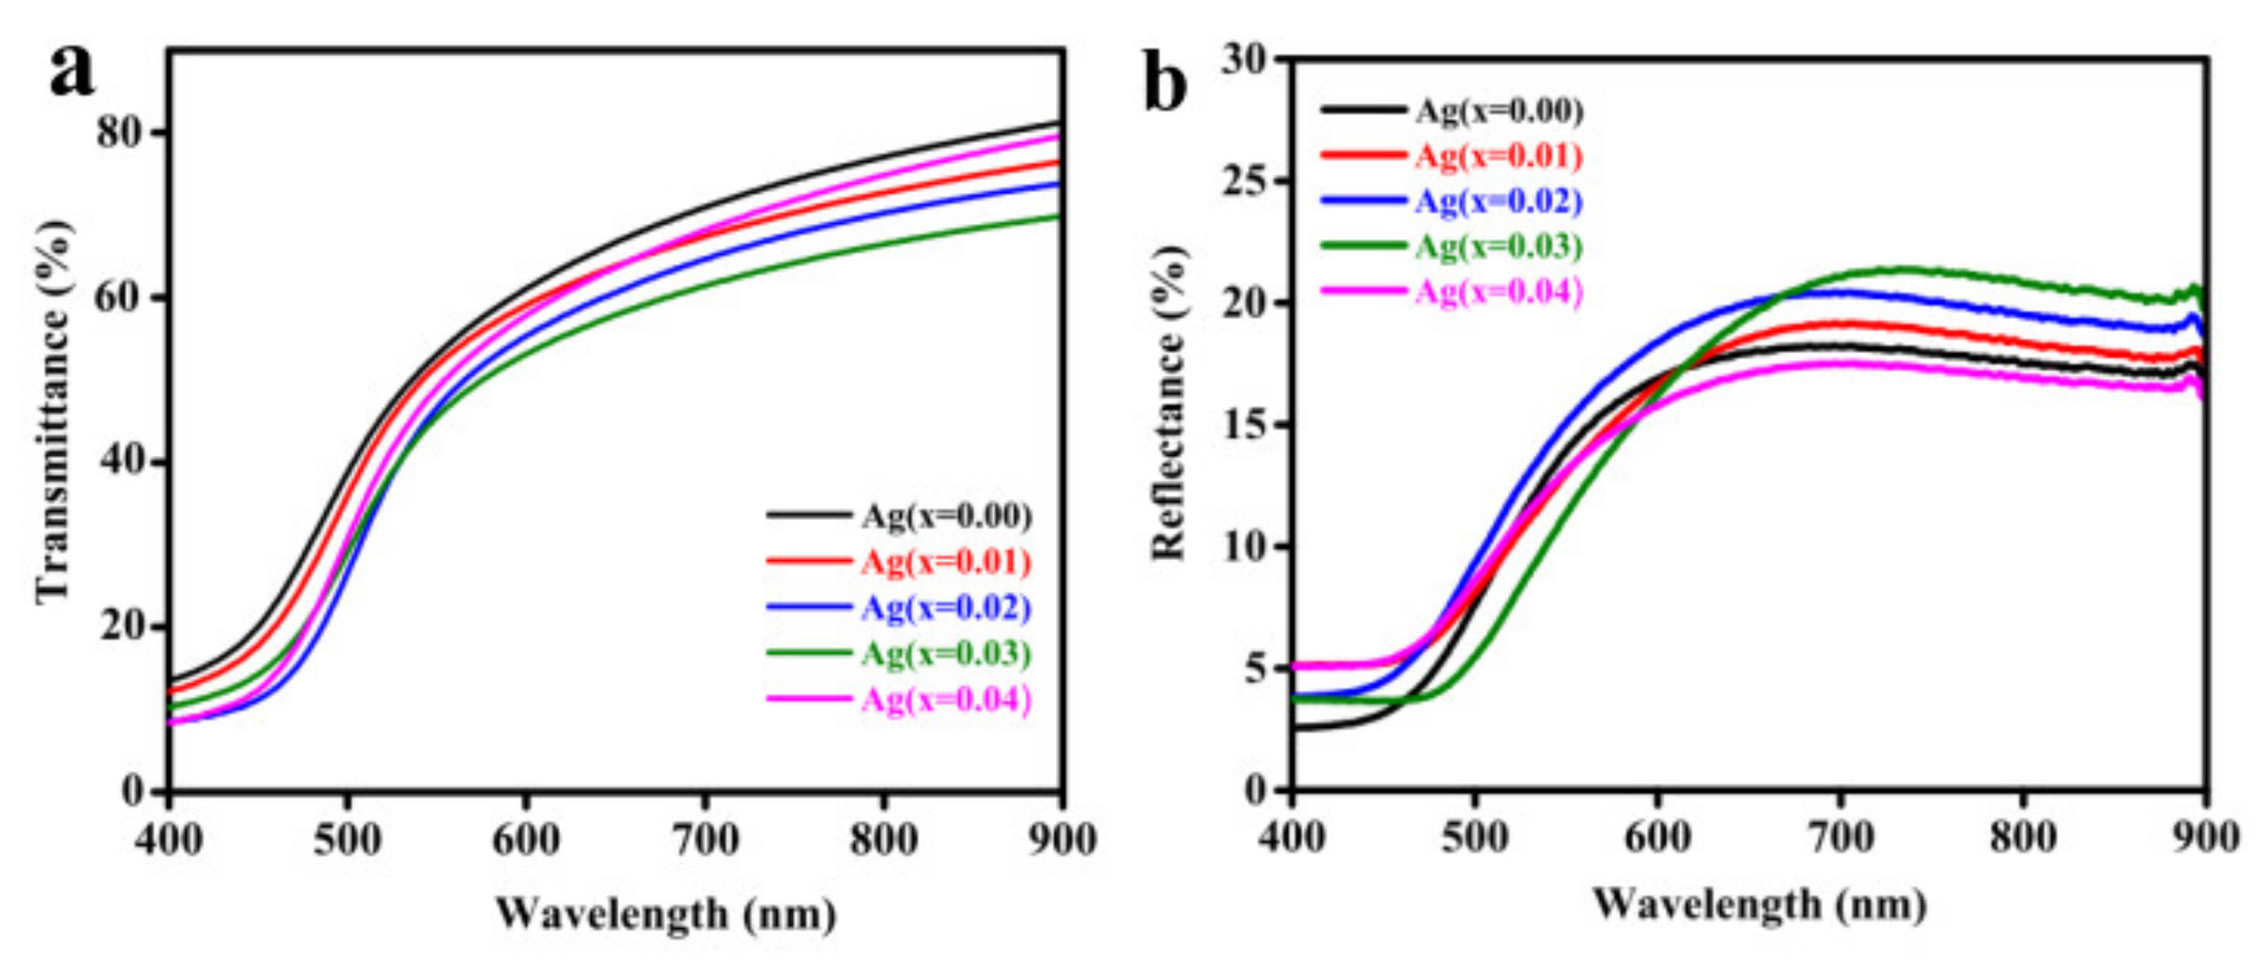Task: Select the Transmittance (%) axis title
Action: click(x=53, y=412)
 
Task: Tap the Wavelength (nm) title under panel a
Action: click(x=667, y=915)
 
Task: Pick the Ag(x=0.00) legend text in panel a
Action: click(x=945, y=516)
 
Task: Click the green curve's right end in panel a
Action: click(x=1059, y=216)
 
